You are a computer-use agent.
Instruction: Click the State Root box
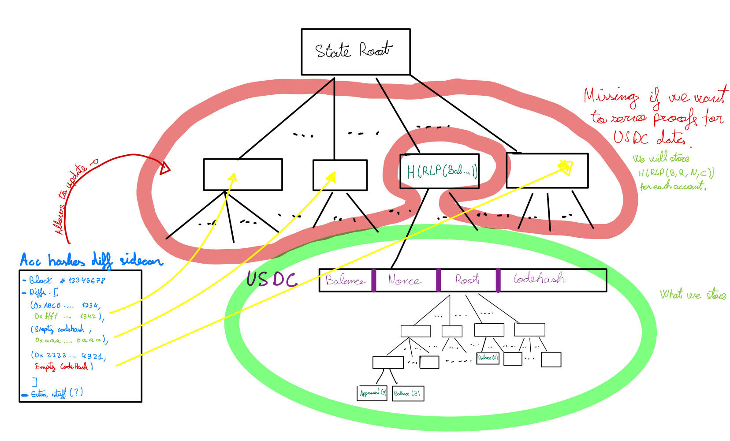point(355,52)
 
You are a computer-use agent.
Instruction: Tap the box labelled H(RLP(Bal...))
point(439,171)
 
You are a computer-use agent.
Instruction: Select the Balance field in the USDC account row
point(345,280)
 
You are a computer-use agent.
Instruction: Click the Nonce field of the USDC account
point(404,280)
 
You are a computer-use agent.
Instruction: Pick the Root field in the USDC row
point(467,280)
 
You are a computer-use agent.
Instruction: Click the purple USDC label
point(272,279)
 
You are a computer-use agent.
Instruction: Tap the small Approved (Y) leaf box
point(372,393)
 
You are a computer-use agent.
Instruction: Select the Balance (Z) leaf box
point(407,393)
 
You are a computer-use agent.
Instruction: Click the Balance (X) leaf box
point(488,358)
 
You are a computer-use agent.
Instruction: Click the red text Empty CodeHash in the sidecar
point(62,366)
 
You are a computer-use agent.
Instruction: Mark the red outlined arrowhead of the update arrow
point(165,168)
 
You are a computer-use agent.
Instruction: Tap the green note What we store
point(693,295)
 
